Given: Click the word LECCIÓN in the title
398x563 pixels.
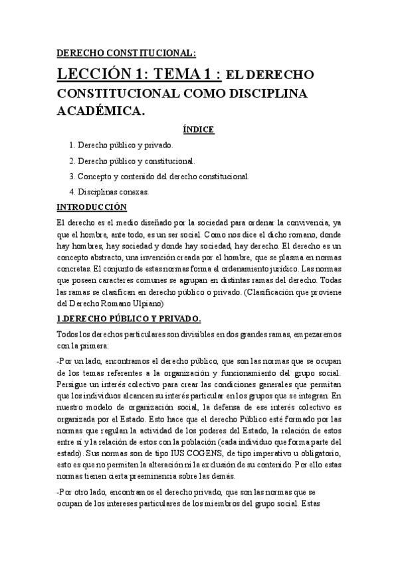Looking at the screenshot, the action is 99,74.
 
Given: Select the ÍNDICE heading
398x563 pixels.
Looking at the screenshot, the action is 199,129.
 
